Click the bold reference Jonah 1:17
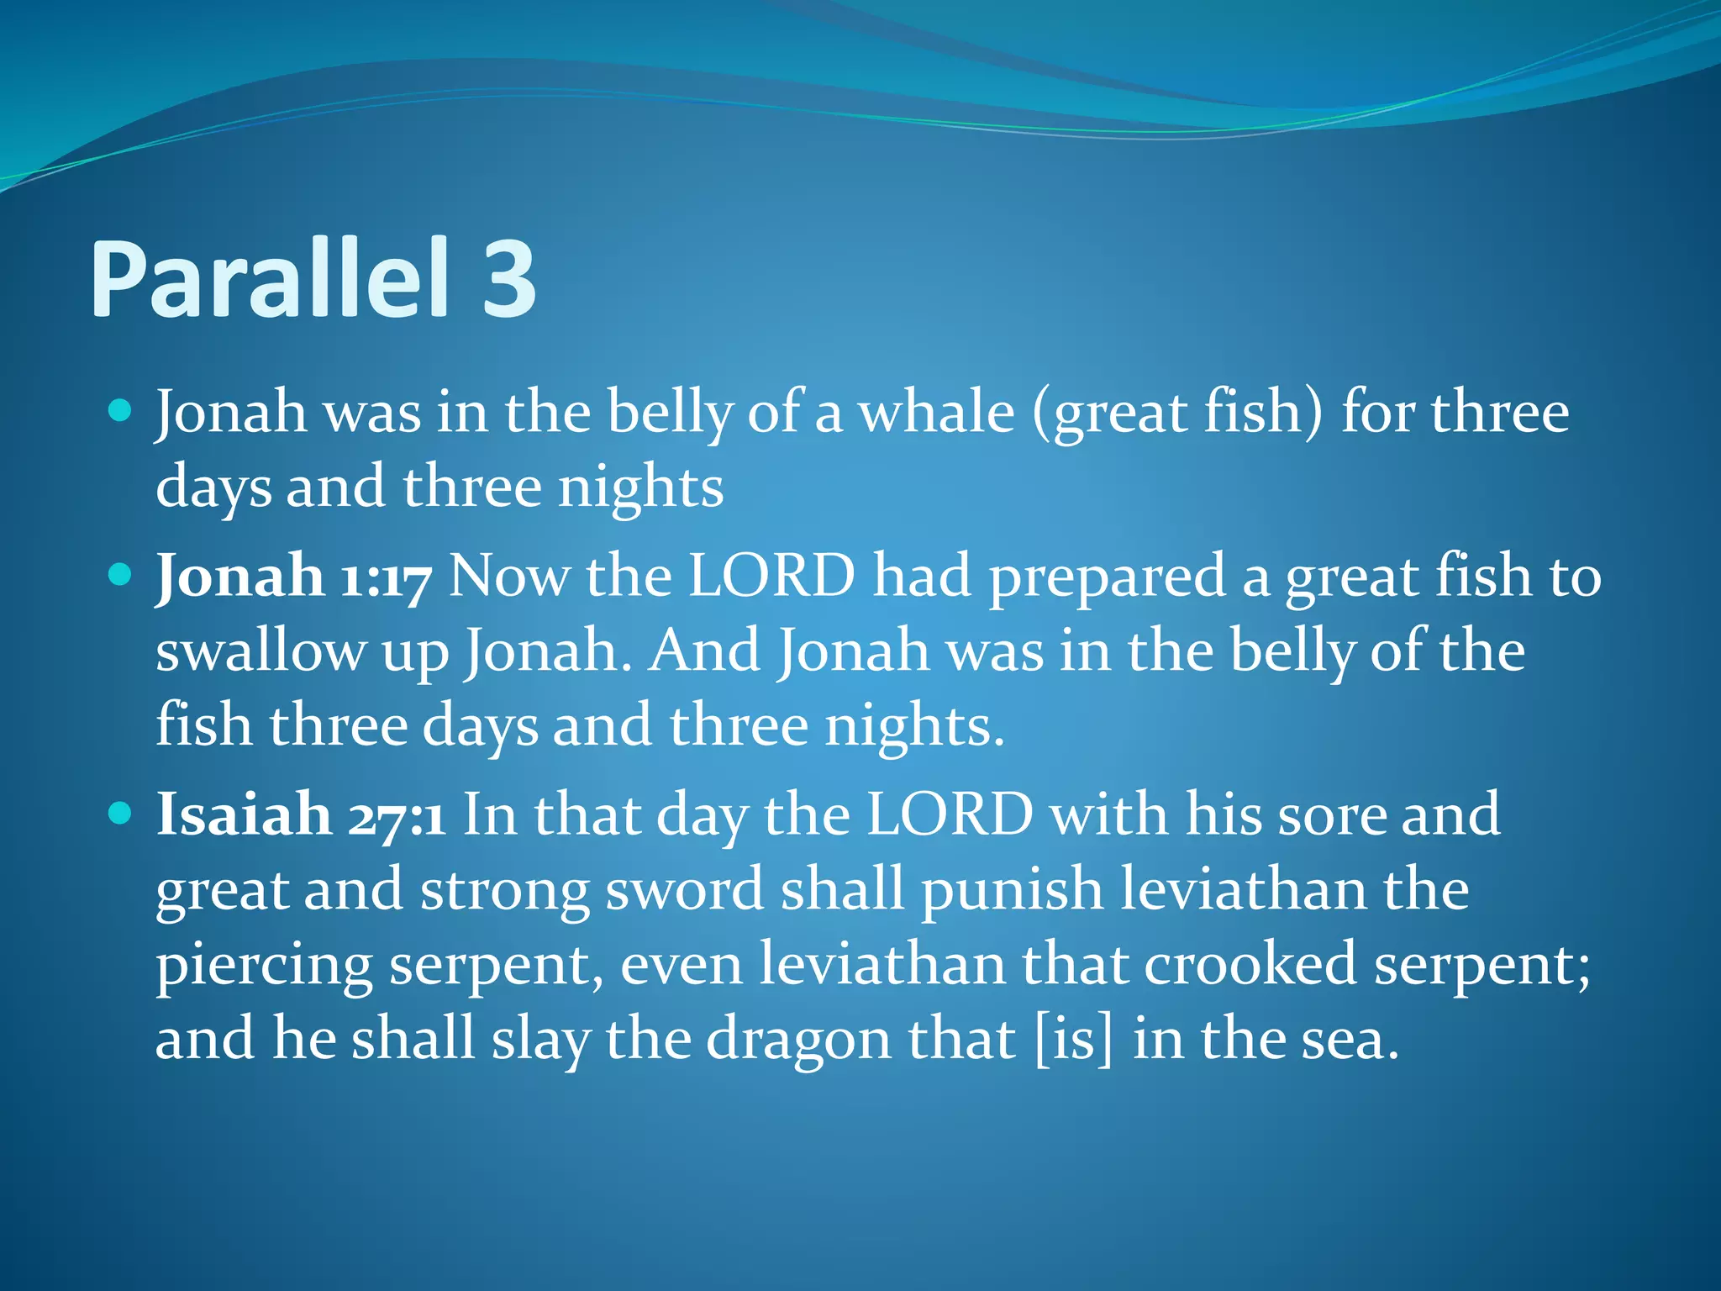[x=294, y=577]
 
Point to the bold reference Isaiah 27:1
[x=301, y=815]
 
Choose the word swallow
[x=260, y=651]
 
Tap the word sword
[x=684, y=890]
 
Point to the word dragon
[x=797, y=1041]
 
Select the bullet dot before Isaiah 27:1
[x=121, y=813]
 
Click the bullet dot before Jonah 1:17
[x=121, y=575]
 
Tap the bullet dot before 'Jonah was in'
[x=121, y=411]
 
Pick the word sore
[x=1330, y=815]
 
